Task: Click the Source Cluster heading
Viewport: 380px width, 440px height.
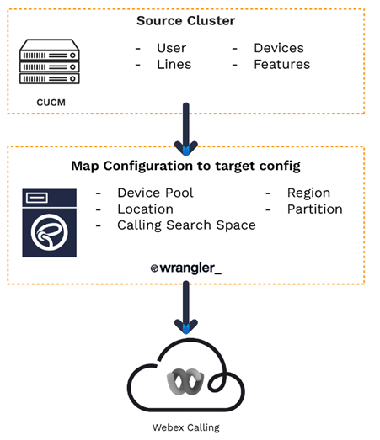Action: coord(185,21)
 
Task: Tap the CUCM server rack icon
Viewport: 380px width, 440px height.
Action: coord(50,61)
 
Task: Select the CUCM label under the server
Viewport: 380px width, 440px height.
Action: coord(51,103)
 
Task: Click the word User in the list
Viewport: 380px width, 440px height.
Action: coord(171,48)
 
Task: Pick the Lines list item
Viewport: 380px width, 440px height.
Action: coord(174,64)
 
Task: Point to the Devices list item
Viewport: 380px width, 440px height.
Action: coord(279,48)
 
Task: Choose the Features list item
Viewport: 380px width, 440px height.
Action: coord(282,64)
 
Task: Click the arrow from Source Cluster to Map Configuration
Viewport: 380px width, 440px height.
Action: coord(185,130)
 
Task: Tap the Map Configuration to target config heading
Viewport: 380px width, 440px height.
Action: coord(185,166)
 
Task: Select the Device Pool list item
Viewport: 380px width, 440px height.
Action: coord(155,193)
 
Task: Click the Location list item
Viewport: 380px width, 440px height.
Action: coord(145,209)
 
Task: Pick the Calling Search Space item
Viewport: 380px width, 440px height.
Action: coord(186,225)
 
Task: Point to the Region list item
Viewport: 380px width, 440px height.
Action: coord(308,193)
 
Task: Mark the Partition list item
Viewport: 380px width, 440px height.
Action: coord(315,209)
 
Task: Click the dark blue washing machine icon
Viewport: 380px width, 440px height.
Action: coord(50,223)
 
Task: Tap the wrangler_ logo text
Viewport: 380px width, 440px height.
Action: coord(186,268)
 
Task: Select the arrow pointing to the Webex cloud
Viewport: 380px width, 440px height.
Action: coord(185,307)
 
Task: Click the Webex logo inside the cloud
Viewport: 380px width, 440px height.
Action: coord(185,381)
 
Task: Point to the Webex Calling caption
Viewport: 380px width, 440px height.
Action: coord(185,427)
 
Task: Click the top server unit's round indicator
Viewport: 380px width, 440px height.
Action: coord(72,56)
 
